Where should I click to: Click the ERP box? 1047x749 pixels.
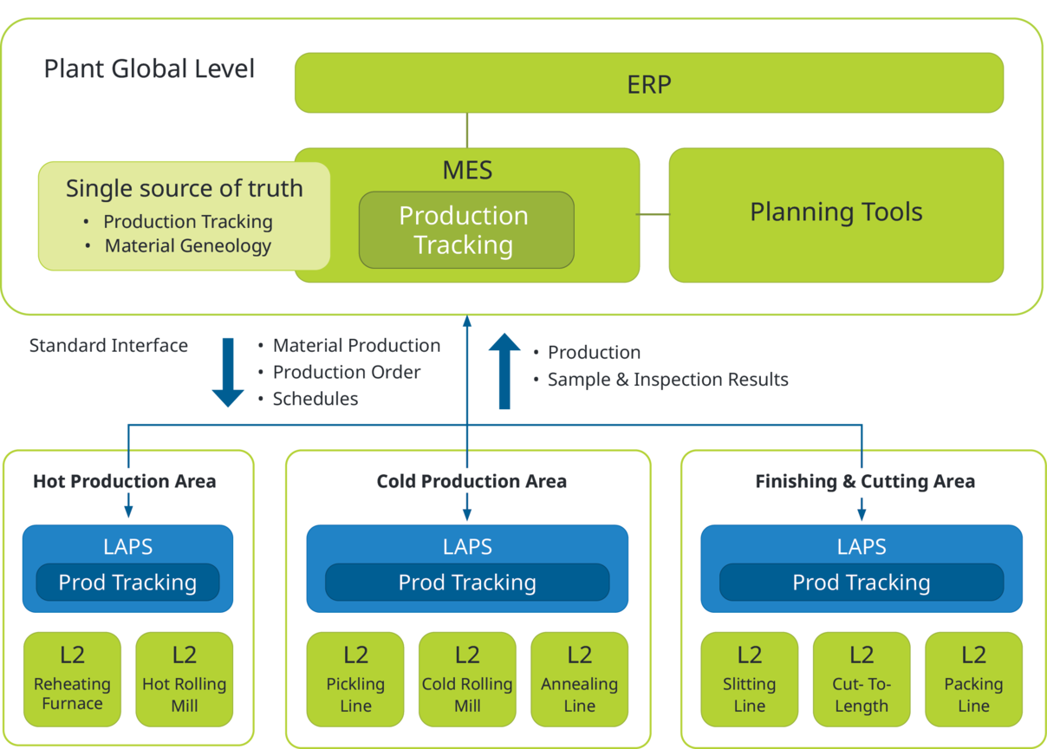point(649,83)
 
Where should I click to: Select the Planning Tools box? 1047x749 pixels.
point(836,213)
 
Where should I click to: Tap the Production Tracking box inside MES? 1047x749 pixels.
point(466,230)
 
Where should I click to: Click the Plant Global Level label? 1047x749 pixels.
point(149,69)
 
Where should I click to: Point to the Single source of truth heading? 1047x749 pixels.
point(185,188)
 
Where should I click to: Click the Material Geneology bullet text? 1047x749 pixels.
point(188,246)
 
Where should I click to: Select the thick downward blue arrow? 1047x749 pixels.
point(229,372)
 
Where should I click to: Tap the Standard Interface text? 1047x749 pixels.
point(108,346)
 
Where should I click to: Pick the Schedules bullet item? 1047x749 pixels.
point(315,399)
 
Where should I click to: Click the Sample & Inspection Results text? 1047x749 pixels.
point(667,380)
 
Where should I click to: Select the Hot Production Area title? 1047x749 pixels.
point(125,481)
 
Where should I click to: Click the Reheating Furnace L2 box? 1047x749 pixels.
point(72,679)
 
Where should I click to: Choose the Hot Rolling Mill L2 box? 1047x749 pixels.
point(185,679)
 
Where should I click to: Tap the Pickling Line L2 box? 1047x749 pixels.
point(355,679)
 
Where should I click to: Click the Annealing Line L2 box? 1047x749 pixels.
point(579,679)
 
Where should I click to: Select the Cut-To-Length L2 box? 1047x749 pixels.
point(862,679)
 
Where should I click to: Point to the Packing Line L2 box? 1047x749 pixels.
point(973,679)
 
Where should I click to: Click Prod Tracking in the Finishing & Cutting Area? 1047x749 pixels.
point(862,583)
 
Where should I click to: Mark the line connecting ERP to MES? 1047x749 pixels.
point(467,130)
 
